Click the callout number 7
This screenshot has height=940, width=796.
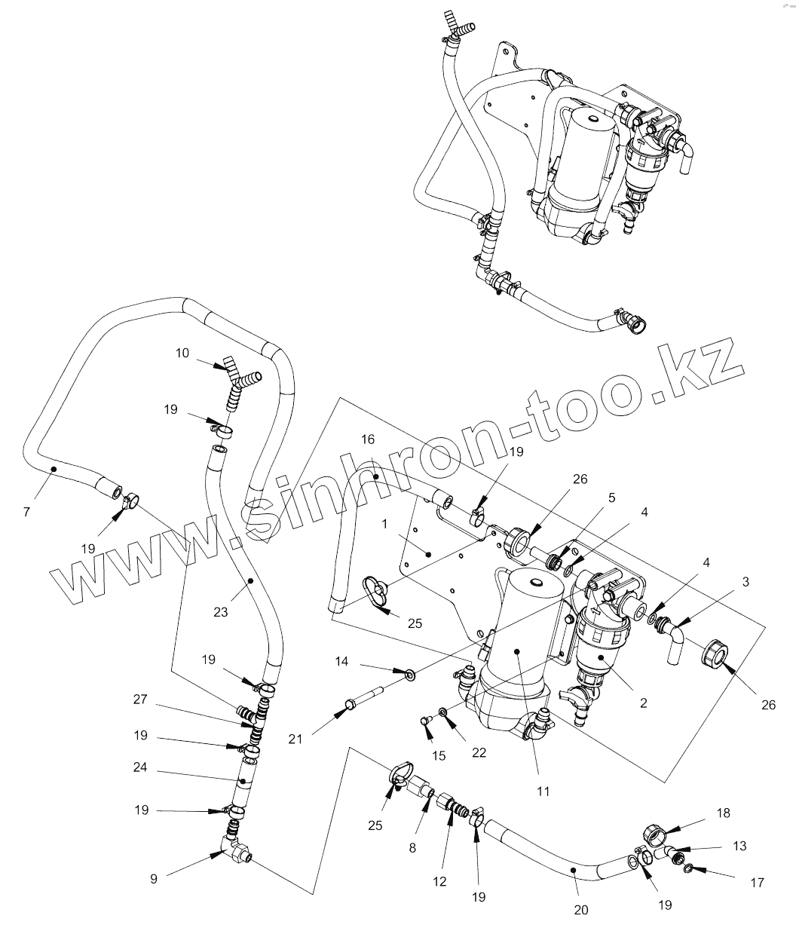click(26, 513)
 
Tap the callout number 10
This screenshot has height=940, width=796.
click(182, 352)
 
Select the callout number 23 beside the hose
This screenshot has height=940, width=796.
click(220, 612)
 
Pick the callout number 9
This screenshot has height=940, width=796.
click(154, 879)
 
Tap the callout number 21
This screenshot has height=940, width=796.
click(295, 739)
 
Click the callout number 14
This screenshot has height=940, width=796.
click(341, 661)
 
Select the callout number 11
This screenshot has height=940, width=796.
click(543, 791)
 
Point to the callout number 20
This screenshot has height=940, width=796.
click(580, 910)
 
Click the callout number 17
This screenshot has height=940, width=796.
click(758, 882)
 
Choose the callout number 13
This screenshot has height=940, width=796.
click(739, 846)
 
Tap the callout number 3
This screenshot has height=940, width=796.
click(745, 582)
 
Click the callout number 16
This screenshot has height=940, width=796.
click(368, 439)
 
